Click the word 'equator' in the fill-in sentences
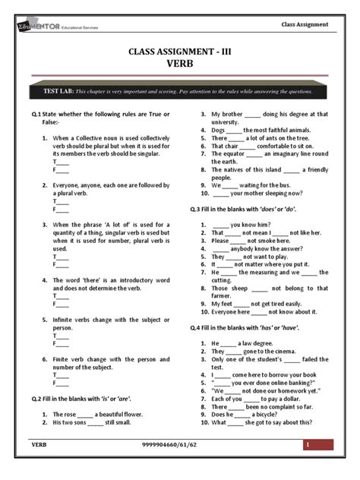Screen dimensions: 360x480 (227, 153)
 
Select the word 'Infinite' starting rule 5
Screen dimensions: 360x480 (67, 319)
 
